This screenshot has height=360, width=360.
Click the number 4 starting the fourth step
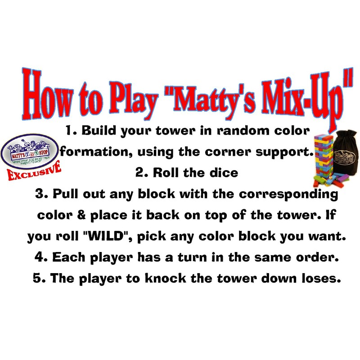pyautogui.click(x=39, y=257)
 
